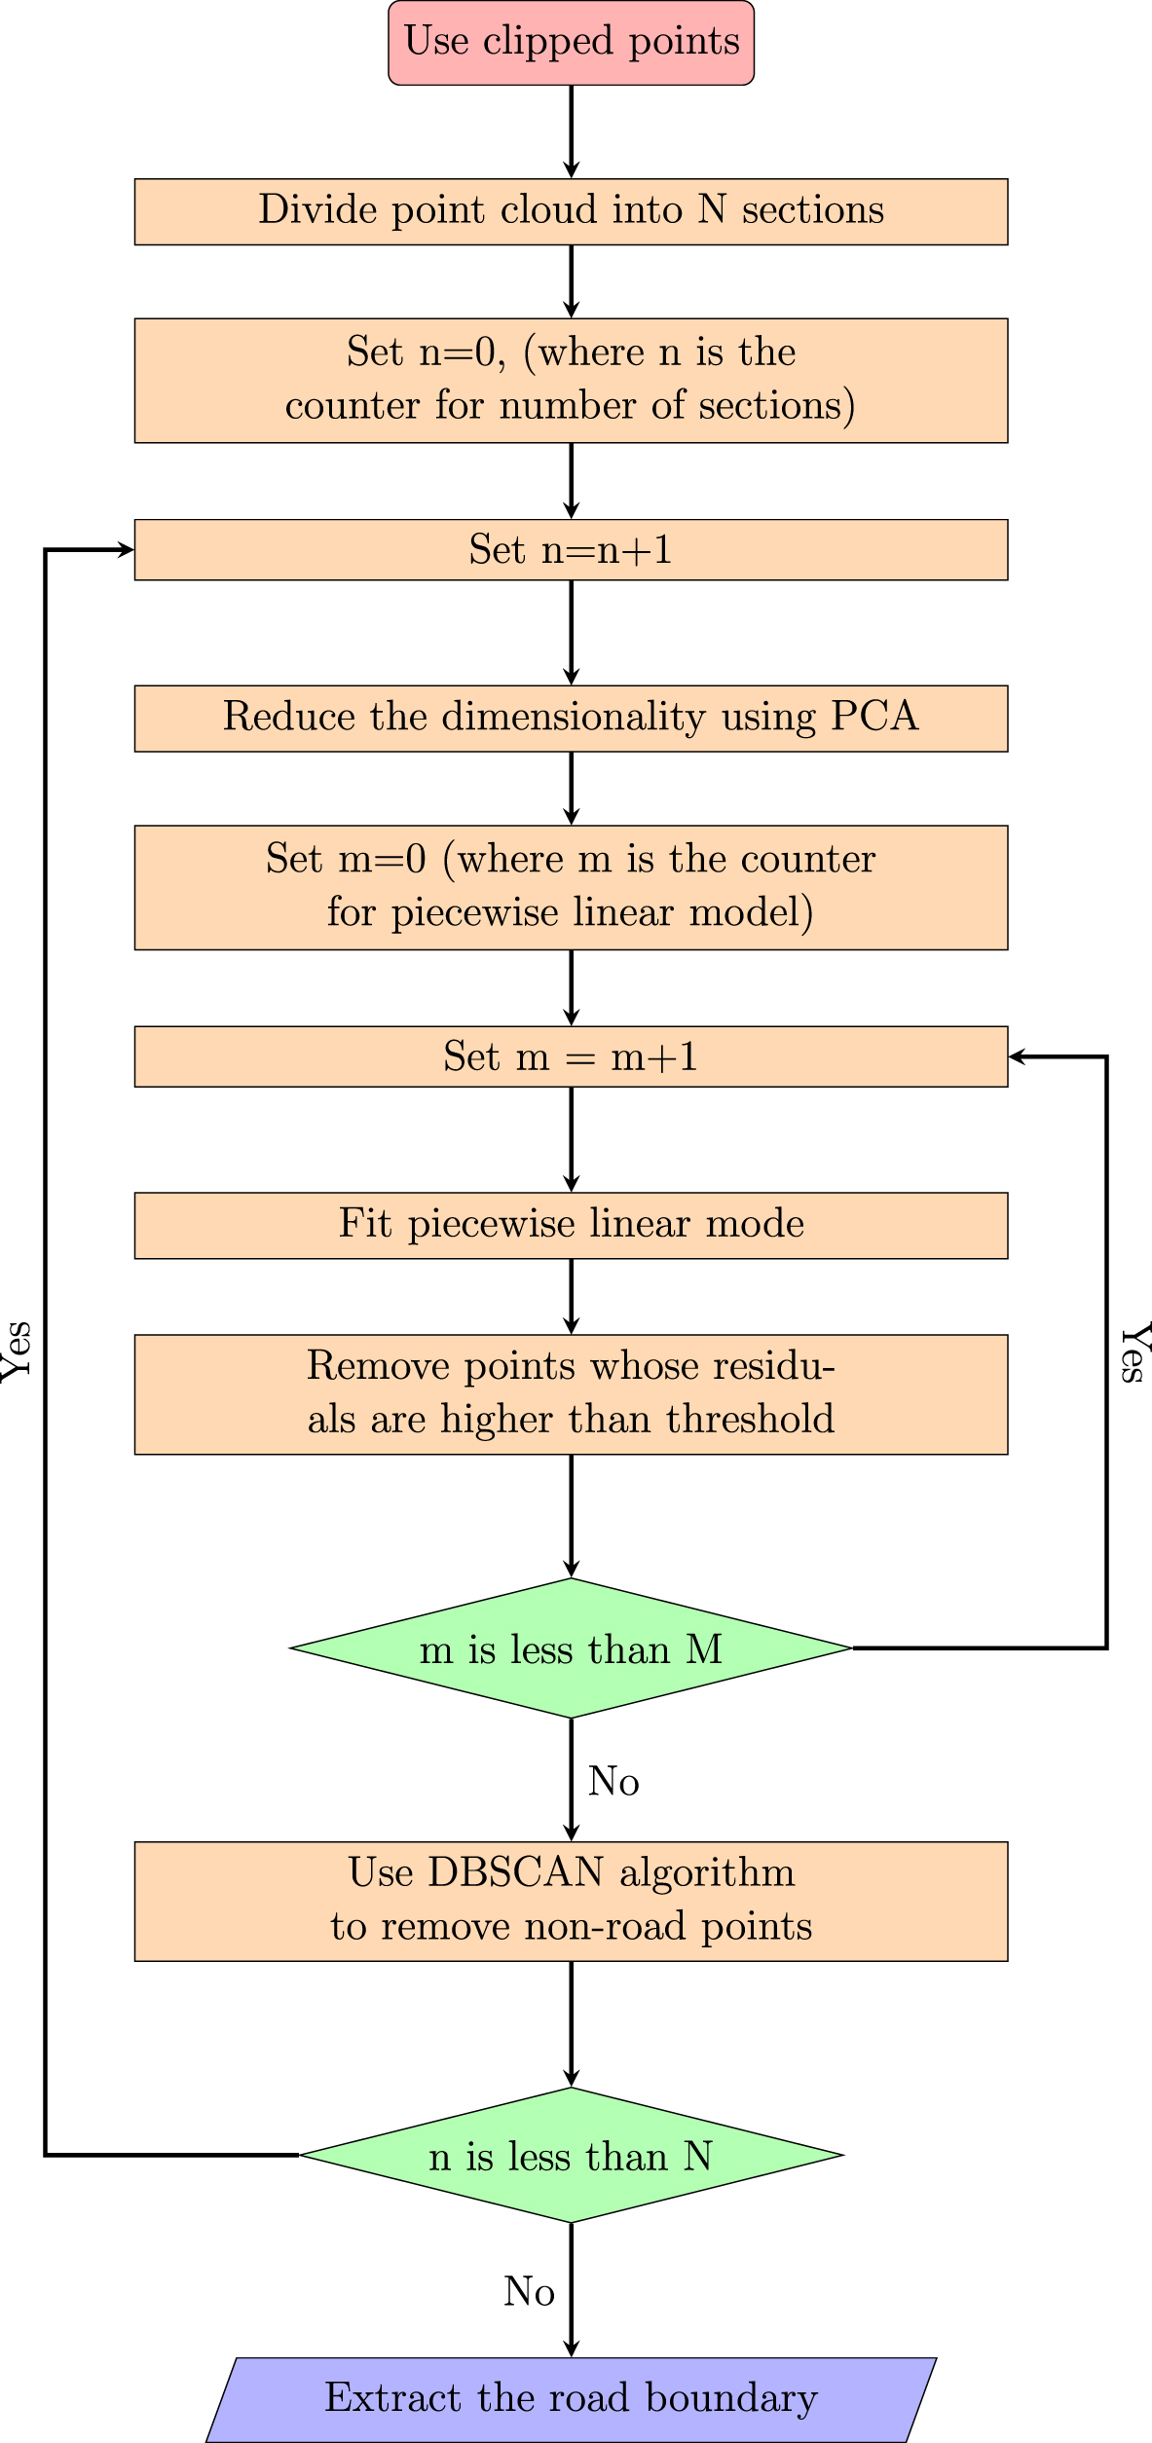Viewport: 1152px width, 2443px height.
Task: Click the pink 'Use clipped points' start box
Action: tap(571, 43)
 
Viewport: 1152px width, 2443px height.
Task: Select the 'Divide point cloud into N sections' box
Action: tap(571, 211)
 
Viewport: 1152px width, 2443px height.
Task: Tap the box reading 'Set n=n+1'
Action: tap(571, 550)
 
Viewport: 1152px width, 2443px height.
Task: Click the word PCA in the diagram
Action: tap(874, 717)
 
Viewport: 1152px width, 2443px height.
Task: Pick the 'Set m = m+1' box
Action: tap(571, 1056)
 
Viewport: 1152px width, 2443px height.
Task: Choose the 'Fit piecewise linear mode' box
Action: tap(571, 1225)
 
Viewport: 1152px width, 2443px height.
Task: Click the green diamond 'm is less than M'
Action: tap(571, 1648)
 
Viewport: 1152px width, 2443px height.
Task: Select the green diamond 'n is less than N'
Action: tap(571, 2156)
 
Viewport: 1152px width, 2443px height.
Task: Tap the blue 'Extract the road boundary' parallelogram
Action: tap(571, 2398)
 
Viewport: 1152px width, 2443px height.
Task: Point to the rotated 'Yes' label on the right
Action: tap(1134, 1352)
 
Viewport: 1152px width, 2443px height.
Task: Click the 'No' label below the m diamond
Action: tap(613, 1782)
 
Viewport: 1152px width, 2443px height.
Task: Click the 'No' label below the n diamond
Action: tap(529, 2292)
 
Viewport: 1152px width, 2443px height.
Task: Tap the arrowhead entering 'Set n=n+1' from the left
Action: tap(126, 550)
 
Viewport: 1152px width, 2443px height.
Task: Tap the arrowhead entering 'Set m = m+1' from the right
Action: tap(1018, 1056)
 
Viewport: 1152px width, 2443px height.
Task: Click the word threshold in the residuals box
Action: tap(751, 1420)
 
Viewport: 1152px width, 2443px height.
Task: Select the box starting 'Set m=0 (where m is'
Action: tap(571, 887)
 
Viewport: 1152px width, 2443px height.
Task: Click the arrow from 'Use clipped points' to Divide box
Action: tap(571, 131)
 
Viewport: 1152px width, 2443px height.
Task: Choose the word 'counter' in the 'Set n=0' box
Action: tap(353, 406)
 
